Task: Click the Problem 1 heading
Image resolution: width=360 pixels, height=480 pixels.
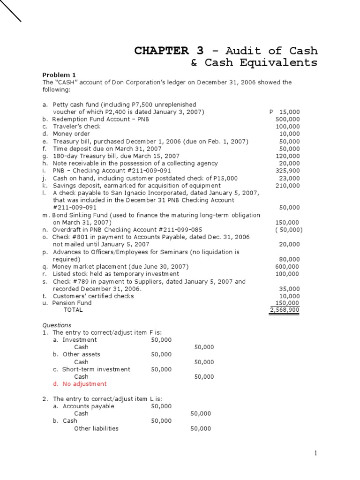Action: click(59, 75)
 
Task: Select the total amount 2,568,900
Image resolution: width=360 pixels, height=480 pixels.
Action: click(285, 310)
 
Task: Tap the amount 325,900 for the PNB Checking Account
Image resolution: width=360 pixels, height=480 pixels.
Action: click(289, 171)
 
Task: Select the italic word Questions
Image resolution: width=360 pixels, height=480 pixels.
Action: click(57, 325)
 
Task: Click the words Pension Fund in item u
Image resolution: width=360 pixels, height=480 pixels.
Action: click(72, 303)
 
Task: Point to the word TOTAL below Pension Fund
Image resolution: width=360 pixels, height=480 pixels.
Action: click(73, 310)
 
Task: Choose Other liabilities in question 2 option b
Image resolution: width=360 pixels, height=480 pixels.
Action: click(96, 428)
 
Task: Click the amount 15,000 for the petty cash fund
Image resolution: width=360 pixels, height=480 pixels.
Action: click(290, 112)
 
